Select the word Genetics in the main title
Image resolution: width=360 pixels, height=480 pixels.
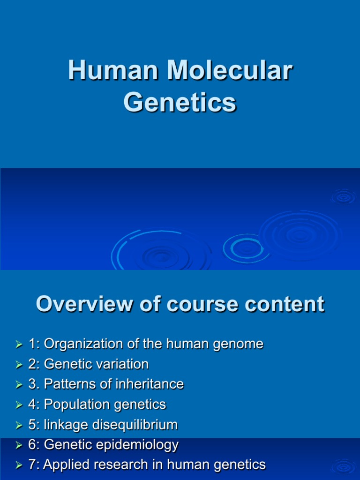(x=180, y=103)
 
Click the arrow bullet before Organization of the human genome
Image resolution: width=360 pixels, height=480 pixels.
(x=19, y=345)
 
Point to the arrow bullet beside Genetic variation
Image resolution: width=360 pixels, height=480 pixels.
(x=19, y=365)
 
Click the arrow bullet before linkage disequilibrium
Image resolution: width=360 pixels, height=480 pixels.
(x=19, y=425)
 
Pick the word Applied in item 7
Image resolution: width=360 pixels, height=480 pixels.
(x=68, y=465)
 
